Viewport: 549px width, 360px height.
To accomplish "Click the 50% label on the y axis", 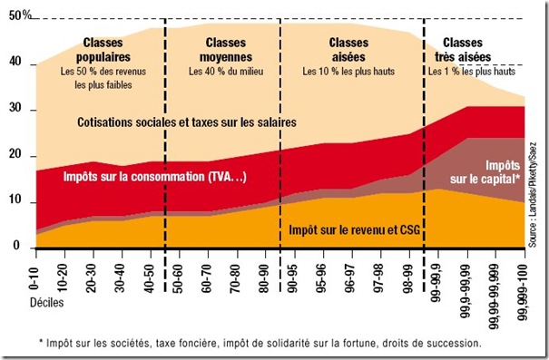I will [19, 18].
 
